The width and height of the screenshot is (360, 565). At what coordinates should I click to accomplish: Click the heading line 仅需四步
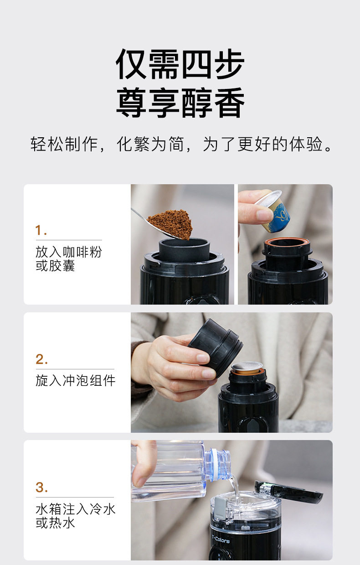click(x=180, y=64)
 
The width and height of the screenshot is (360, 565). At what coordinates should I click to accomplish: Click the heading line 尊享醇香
click(x=180, y=103)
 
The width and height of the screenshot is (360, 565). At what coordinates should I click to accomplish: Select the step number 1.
click(x=41, y=230)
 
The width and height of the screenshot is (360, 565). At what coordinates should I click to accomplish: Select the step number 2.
click(x=41, y=359)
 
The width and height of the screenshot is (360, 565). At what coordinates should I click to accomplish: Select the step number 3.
click(x=41, y=487)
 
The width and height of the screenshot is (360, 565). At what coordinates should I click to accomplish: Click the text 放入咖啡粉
click(x=68, y=252)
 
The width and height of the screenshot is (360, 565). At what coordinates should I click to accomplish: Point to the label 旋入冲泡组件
click(x=75, y=380)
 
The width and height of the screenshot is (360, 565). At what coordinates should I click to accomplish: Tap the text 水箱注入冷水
click(x=75, y=509)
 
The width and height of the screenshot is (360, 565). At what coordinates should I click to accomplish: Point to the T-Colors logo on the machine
click(x=221, y=539)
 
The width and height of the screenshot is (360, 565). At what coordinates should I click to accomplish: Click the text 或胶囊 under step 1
click(x=55, y=265)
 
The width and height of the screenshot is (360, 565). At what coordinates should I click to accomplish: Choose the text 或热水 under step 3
click(x=55, y=523)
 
